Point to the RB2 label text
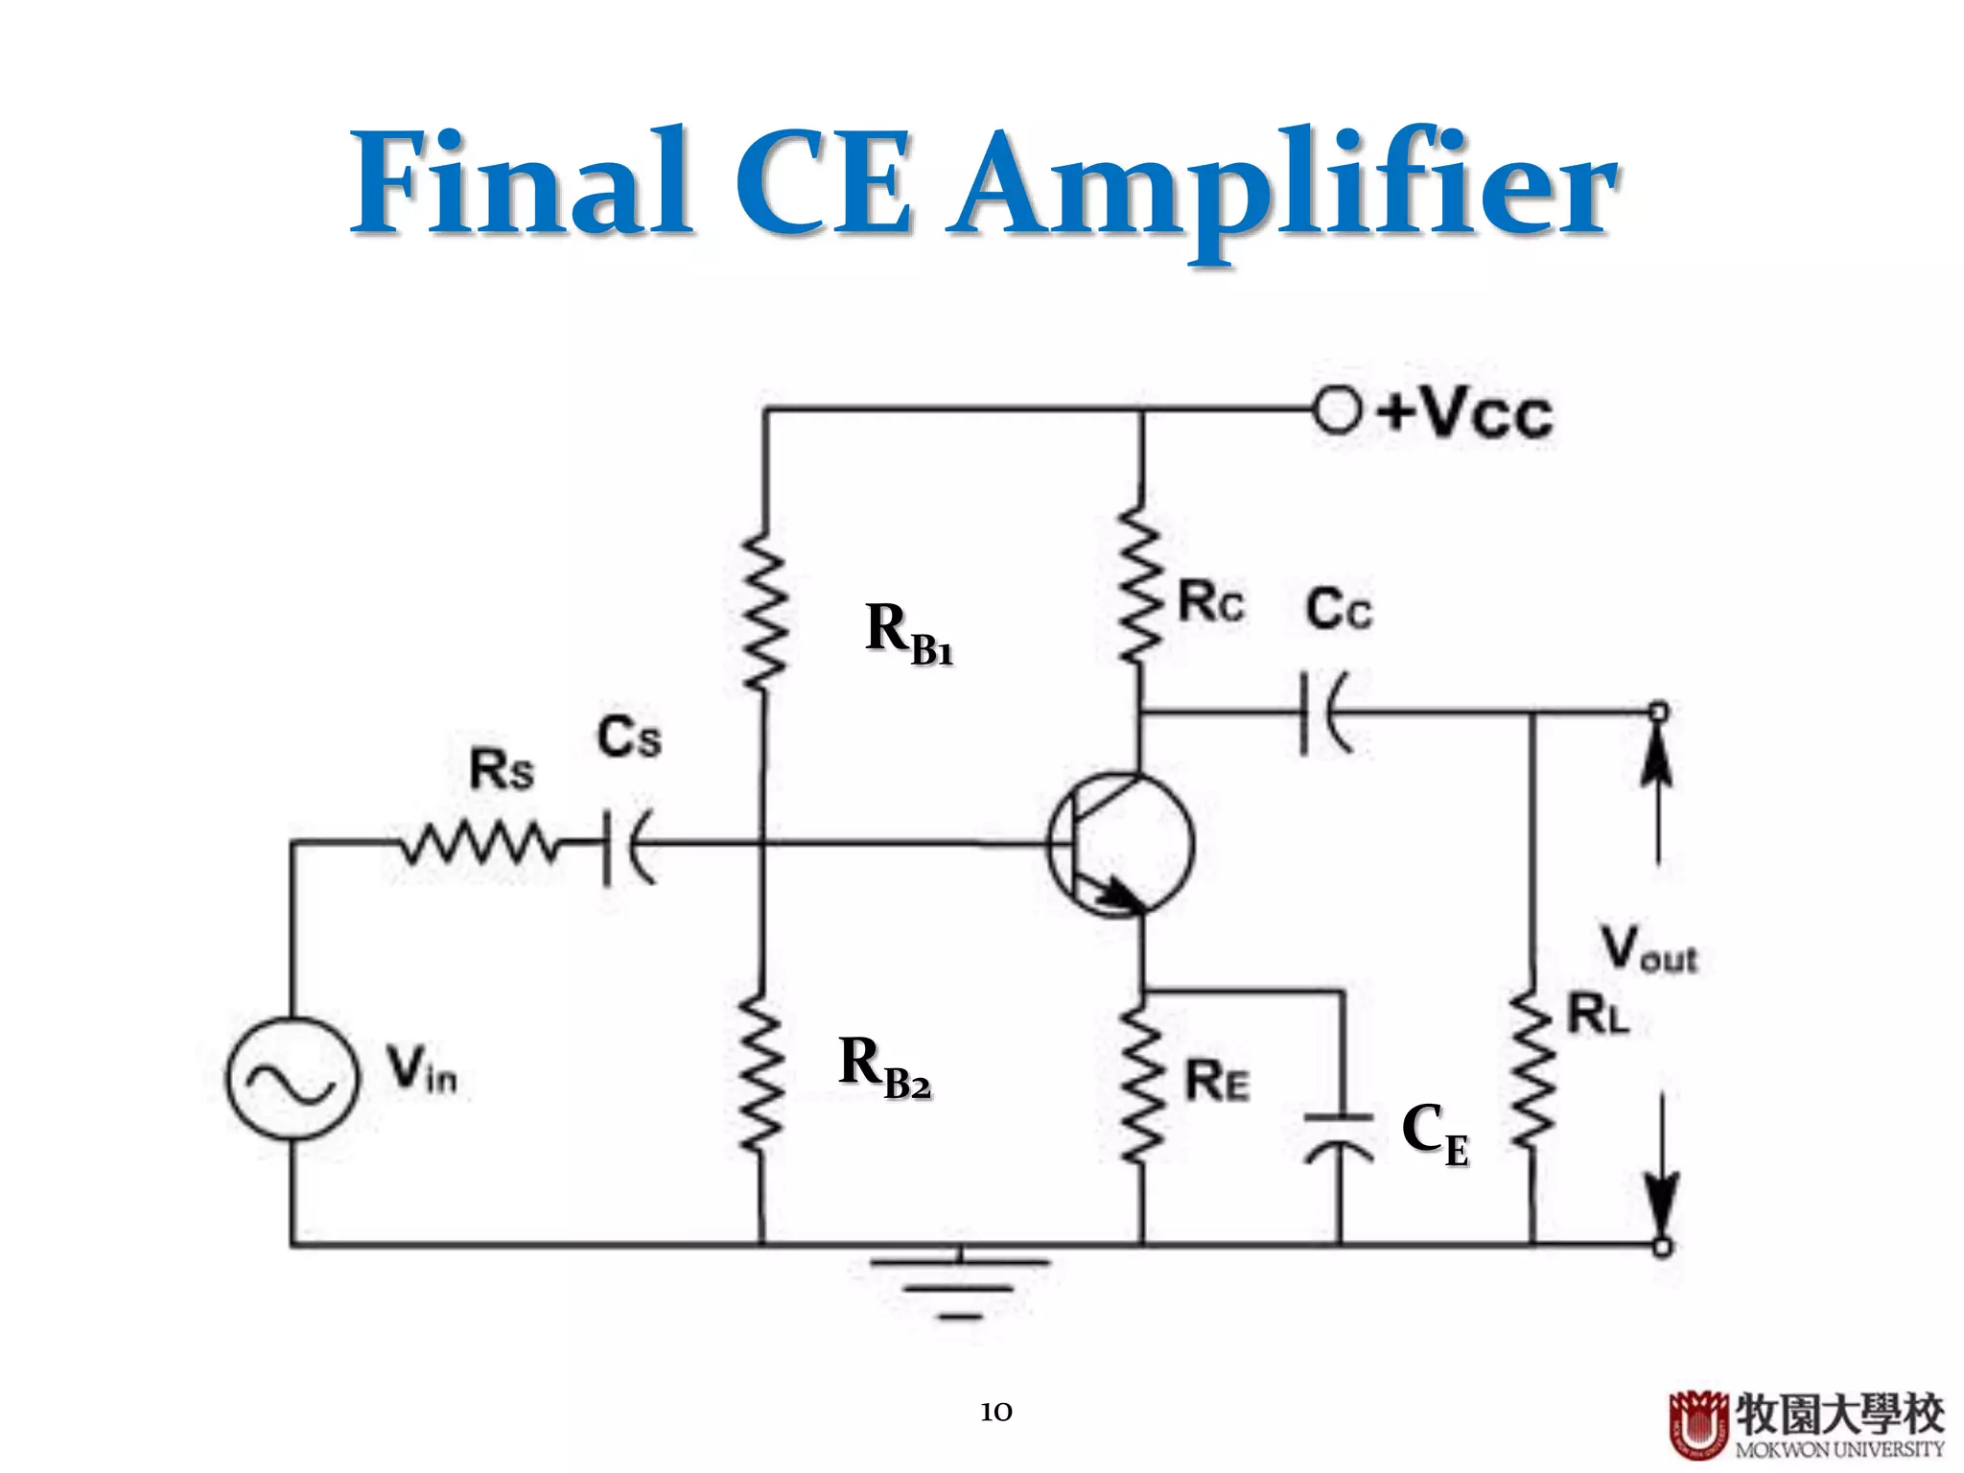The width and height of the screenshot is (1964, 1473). (883, 1066)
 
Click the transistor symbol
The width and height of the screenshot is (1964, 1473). (1120, 844)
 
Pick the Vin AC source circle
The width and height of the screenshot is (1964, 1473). (292, 1079)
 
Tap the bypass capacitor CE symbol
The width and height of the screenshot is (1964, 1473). (1340, 1132)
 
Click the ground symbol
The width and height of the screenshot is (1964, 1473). (959, 1285)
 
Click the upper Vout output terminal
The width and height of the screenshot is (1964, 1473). (1658, 712)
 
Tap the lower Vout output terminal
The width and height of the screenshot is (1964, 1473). (1662, 1246)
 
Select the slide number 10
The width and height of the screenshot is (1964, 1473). (995, 1412)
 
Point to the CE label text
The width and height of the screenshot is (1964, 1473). (1434, 1134)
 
